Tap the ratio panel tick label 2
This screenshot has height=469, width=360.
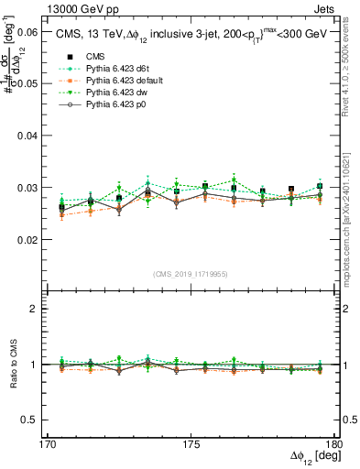36,309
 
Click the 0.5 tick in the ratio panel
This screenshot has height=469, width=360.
31,420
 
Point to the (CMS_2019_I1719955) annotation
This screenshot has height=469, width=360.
191,273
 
